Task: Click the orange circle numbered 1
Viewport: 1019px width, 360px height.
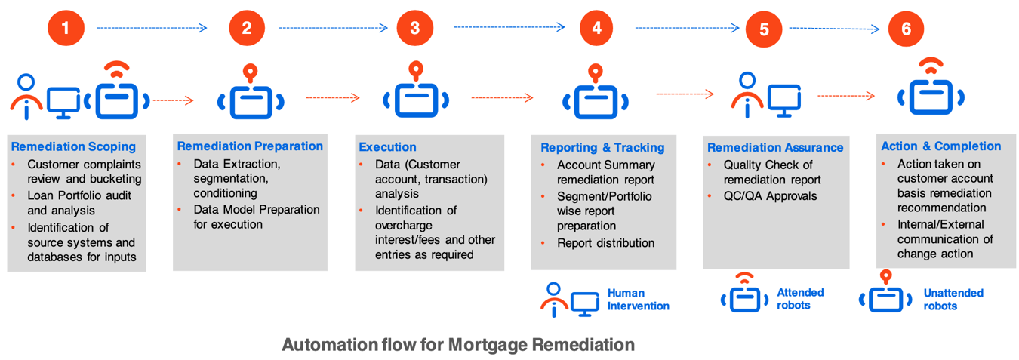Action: tap(66, 28)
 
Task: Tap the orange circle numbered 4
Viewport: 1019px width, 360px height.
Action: tap(596, 28)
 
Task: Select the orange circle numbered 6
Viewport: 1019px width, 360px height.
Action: tap(906, 29)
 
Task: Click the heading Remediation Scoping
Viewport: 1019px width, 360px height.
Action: tap(74, 146)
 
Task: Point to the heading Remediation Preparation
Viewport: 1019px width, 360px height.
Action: tap(250, 146)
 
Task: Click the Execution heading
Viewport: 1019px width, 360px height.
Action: tap(387, 147)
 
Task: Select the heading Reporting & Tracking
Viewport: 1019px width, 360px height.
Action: tap(602, 147)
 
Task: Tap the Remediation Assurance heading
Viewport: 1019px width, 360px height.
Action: tap(775, 147)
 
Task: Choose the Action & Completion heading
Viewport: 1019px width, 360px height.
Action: tap(940, 146)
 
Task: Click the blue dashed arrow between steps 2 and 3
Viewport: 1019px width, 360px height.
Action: tap(334, 28)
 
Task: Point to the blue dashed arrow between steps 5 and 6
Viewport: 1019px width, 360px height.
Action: tap(834, 29)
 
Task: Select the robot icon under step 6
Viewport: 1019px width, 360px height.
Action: tap(931, 87)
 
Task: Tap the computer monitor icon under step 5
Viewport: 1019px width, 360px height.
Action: tap(784, 100)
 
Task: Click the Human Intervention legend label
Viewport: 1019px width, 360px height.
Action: tap(639, 300)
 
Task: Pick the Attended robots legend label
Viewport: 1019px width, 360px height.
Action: tap(800, 299)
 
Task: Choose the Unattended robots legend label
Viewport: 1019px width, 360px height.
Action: tap(953, 300)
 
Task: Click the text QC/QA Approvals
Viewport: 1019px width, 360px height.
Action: tap(770, 196)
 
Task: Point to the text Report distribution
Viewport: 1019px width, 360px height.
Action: tap(605, 243)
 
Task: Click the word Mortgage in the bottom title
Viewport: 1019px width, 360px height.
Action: tap(488, 345)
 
